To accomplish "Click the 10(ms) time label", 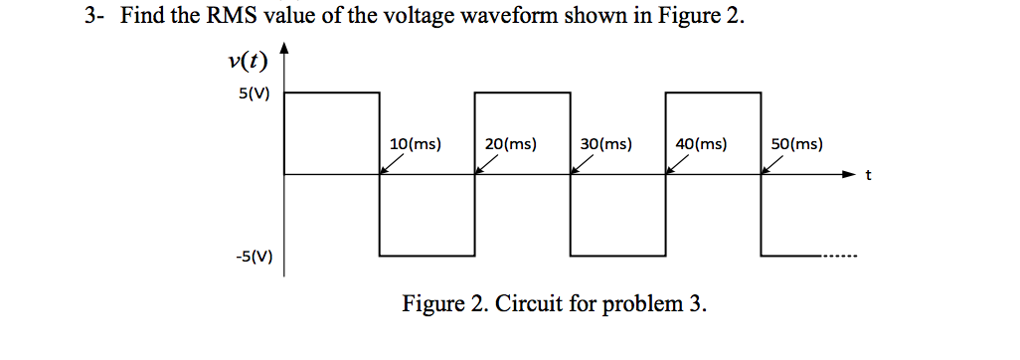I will coord(416,144).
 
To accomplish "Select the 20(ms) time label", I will coord(511,144).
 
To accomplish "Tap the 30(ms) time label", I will coord(606,144).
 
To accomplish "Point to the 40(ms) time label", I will coord(701,144).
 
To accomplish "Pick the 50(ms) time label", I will coord(796,144).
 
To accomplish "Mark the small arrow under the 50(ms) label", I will coord(772,164).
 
